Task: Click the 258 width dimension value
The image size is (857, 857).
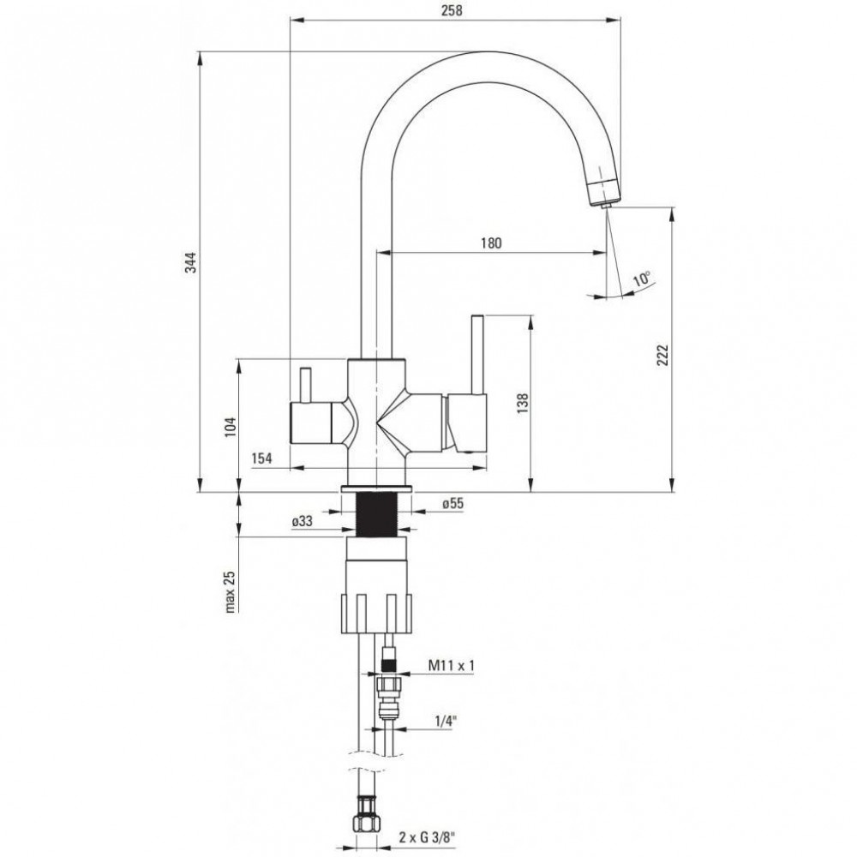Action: coord(452,10)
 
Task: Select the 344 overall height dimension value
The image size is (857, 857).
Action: coord(189,263)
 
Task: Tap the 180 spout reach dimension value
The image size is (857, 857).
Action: coord(491,243)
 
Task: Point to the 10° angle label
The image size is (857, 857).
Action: coord(642,279)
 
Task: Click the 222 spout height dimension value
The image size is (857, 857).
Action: coord(662,356)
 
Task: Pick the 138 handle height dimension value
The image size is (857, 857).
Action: coord(523,404)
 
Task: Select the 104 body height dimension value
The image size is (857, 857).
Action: coord(231,426)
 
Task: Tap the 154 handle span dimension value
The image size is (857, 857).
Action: coord(261,458)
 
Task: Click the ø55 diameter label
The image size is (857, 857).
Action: coord(452,503)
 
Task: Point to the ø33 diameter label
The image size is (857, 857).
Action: coord(302,521)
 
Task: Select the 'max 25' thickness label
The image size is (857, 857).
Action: coord(230,591)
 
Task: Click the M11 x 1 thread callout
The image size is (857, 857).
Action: coord(452,665)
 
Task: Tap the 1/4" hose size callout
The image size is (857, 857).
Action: coord(446,722)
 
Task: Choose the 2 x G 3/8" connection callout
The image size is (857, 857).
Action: coord(426,836)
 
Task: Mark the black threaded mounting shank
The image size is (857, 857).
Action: coord(376,514)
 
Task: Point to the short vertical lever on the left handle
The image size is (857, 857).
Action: coord(305,385)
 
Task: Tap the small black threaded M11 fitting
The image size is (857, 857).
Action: coord(388,664)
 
